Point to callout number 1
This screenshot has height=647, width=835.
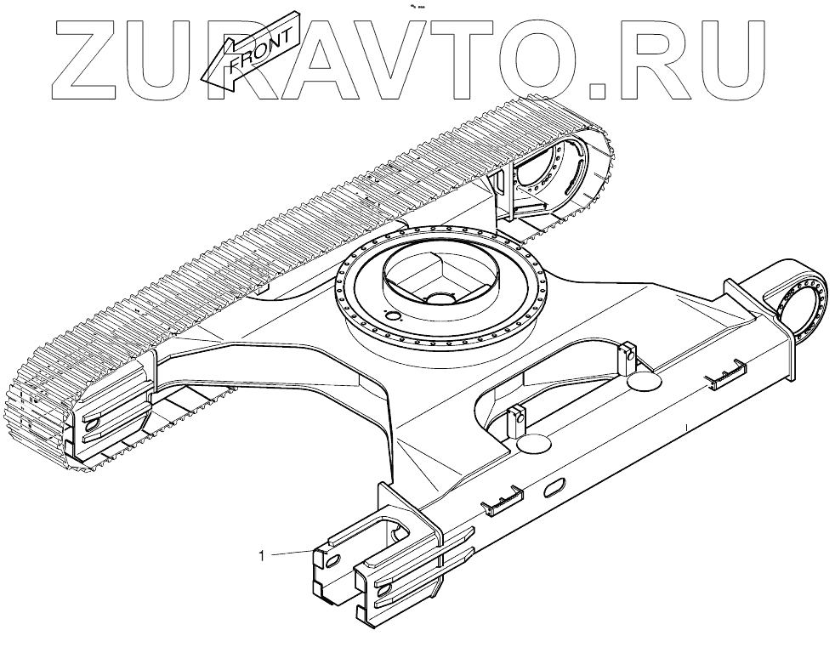click(263, 556)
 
